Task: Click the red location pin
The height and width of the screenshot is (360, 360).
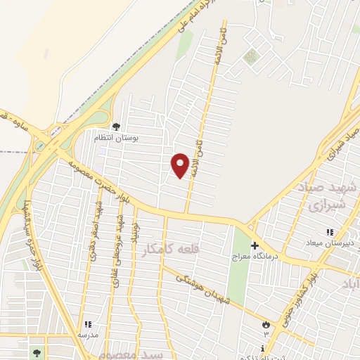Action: click(181, 165)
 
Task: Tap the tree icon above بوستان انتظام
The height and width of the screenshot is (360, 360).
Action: click(116, 127)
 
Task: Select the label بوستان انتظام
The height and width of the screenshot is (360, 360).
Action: click(117, 138)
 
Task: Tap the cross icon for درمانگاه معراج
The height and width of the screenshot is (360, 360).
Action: click(255, 246)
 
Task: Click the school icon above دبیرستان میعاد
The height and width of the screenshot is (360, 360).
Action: click(328, 232)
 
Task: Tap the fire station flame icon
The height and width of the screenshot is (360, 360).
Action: click(266, 324)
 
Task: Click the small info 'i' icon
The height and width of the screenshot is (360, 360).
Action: click(262, 349)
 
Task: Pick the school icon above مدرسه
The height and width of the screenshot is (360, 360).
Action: click(88, 324)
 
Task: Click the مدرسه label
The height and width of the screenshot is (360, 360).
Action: click(88, 335)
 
